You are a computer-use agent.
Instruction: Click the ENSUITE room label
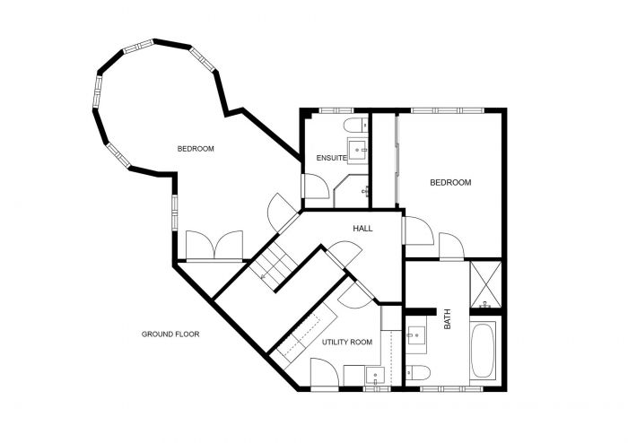[x=331, y=159]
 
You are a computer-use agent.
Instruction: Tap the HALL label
[x=362, y=229]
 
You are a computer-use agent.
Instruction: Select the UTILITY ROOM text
[x=347, y=342]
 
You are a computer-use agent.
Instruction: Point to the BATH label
[x=446, y=317]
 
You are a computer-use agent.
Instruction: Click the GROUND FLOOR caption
[x=170, y=334]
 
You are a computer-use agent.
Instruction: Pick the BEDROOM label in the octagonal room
[x=195, y=149]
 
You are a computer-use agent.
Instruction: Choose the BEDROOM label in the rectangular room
[x=450, y=183]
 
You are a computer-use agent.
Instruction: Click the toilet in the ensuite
[x=354, y=124]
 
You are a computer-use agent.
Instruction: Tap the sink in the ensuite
[x=358, y=152]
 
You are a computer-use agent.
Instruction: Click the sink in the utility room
[x=377, y=375]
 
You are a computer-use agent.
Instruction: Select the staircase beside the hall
[x=272, y=266]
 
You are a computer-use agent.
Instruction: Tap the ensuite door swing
[x=315, y=186]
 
